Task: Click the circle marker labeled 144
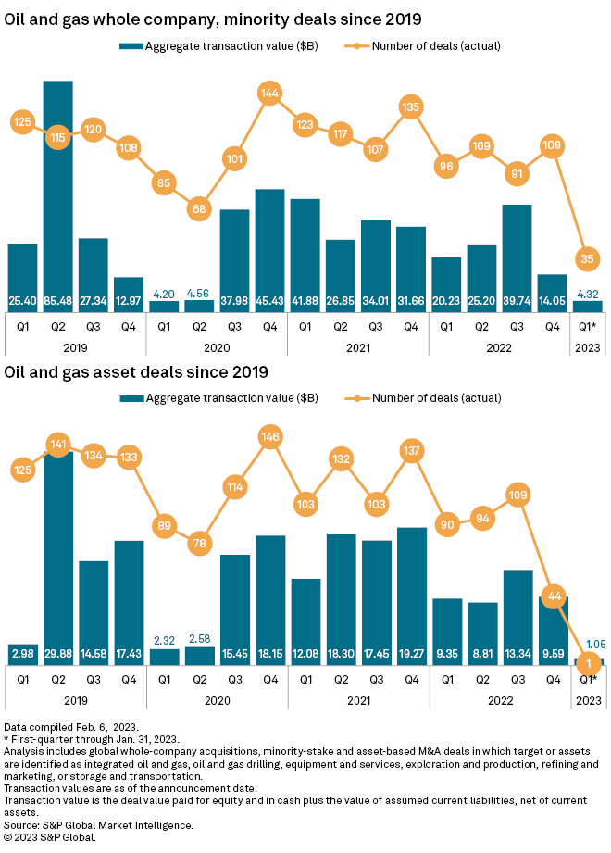click(269, 94)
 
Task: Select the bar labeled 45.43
click(269, 250)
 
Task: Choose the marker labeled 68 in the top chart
click(199, 209)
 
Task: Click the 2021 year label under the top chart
click(357, 347)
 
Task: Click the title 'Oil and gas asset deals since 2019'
click(136, 372)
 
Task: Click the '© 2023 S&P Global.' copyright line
click(50, 836)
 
